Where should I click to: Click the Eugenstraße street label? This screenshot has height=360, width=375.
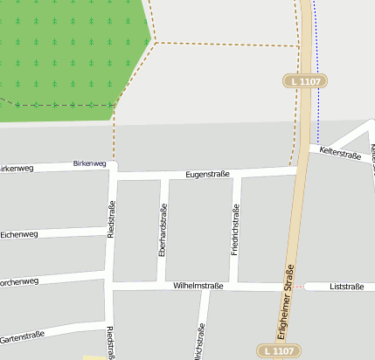coord(207,174)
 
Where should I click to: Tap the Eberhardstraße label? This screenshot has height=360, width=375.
coord(163,229)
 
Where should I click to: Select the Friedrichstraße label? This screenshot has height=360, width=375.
coord(234,229)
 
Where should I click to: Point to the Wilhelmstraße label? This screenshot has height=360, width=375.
coord(198,286)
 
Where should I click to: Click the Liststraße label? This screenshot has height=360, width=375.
coord(347,286)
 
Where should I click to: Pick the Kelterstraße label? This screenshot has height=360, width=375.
coord(340,154)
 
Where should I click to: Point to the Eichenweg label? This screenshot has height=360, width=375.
coord(19,234)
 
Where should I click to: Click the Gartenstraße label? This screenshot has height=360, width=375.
coord(22,336)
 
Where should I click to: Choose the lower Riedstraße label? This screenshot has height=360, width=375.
coord(110,341)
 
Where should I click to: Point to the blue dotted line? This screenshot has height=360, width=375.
coord(316,70)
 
